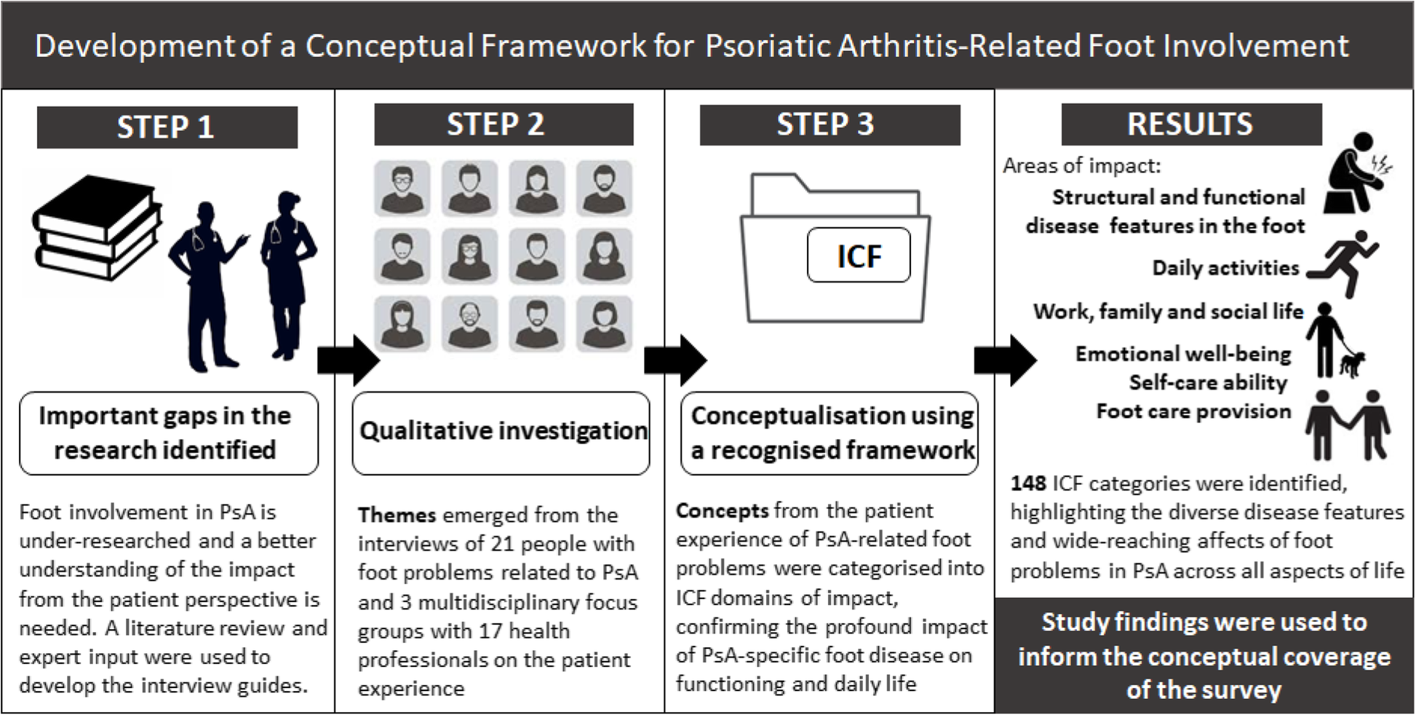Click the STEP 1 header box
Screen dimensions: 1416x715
click(167, 127)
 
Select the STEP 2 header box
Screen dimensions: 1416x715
click(504, 125)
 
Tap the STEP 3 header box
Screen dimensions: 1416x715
click(830, 125)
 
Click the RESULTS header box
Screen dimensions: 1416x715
click(1191, 125)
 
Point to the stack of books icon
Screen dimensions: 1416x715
click(97, 228)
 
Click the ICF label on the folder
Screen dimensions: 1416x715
click(859, 256)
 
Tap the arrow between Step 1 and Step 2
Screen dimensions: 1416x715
click(349, 360)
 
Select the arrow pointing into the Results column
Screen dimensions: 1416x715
click(1006, 360)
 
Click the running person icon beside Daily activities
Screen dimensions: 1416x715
click(1343, 264)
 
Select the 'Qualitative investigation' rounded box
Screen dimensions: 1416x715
click(501, 433)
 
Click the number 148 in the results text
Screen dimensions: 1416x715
click(1028, 483)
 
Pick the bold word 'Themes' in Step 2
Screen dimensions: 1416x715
click(397, 515)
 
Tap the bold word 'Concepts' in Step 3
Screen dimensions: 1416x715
click(722, 510)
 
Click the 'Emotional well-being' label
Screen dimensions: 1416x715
click(1183, 355)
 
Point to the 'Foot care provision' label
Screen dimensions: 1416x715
click(1193, 411)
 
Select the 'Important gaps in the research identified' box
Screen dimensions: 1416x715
click(169, 433)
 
